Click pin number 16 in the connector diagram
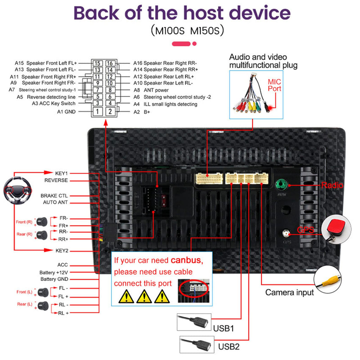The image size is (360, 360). [110, 63]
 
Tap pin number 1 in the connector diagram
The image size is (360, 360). [98, 111]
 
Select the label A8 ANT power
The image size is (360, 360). [151, 90]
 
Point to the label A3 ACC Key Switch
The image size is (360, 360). [54, 103]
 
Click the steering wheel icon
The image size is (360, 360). [18, 190]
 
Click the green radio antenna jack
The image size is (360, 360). [282, 184]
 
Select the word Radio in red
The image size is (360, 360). [332, 185]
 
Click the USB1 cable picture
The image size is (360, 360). [194, 322]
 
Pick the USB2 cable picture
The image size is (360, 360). [197, 345]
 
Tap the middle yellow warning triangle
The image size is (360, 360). [144, 296]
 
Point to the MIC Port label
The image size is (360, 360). [274, 85]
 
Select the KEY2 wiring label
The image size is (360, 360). [62, 250]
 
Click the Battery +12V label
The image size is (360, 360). [54, 272]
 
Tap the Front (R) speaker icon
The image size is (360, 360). [42, 222]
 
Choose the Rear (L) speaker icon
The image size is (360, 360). [43, 306]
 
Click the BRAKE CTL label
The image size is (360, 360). [54, 195]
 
